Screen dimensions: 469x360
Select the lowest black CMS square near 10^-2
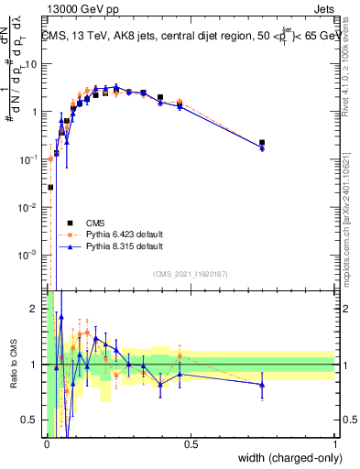pyautogui.click(x=50, y=187)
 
